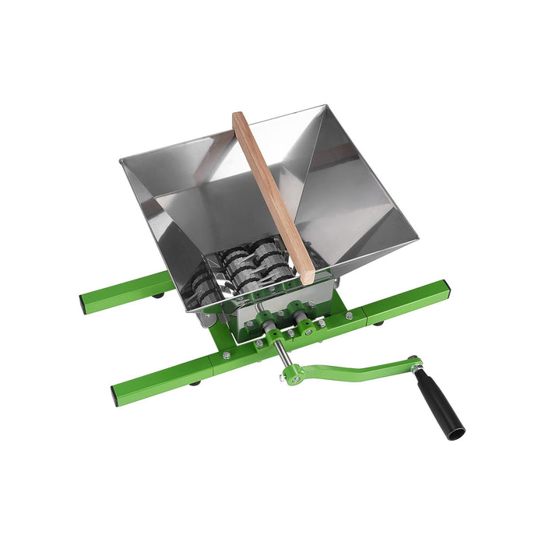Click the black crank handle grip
439,404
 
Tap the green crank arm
350,370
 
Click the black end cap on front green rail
117,396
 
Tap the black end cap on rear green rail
84,303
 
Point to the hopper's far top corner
322,107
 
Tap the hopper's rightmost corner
417,231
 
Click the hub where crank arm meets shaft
293,377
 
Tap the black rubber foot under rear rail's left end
159,294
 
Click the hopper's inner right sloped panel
350,195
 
